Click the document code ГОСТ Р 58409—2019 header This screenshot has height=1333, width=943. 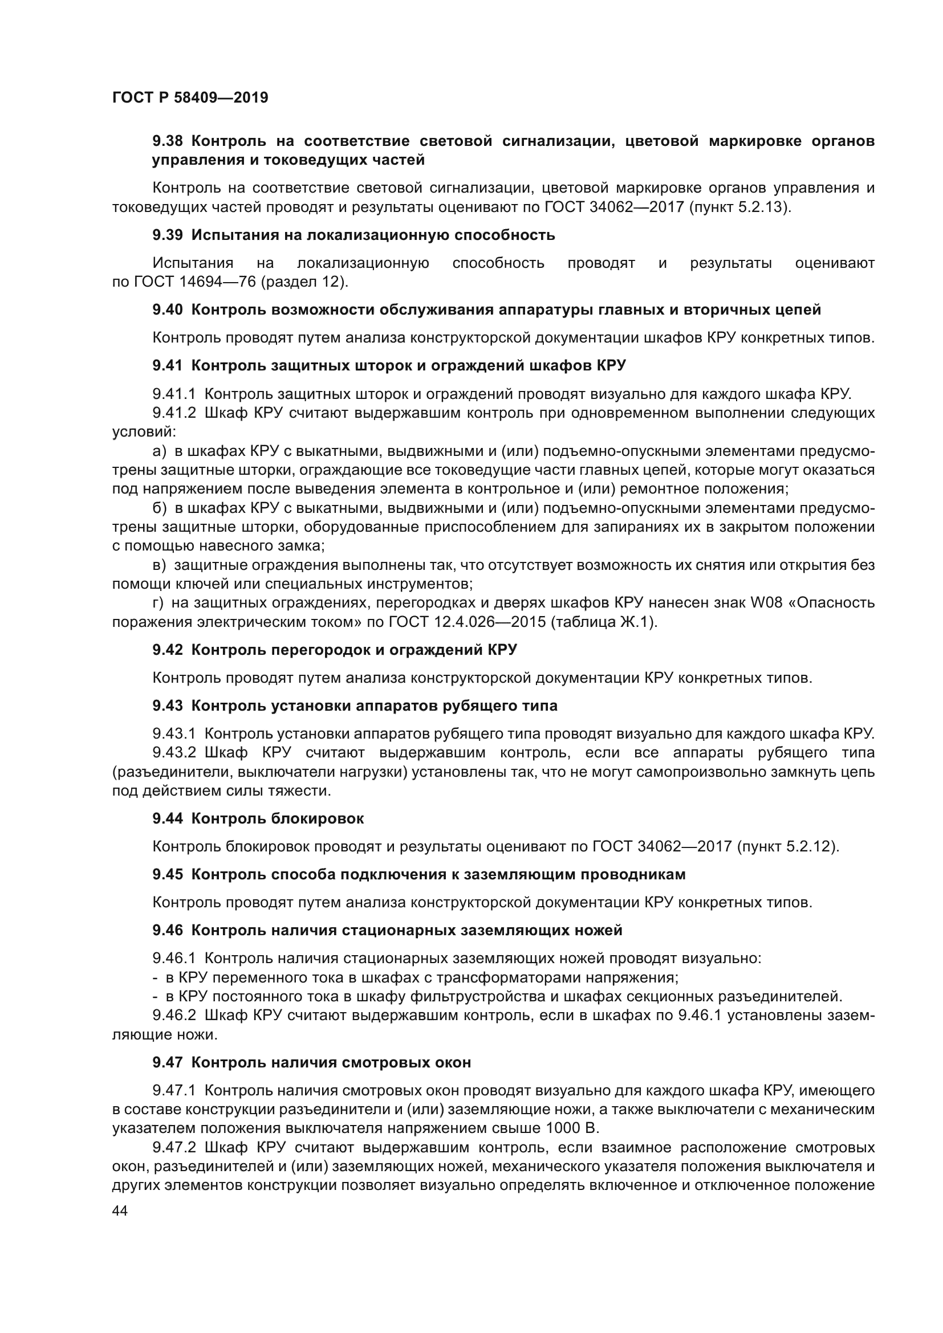point(190,97)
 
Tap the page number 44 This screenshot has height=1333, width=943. point(120,1210)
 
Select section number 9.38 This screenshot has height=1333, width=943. point(167,141)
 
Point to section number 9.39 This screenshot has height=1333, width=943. point(167,235)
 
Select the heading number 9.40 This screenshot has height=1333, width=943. point(167,310)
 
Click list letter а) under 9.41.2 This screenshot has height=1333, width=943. point(159,451)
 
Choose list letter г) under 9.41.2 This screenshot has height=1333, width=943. point(158,602)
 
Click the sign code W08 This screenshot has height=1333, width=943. point(765,602)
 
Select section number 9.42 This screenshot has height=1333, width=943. point(167,650)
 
